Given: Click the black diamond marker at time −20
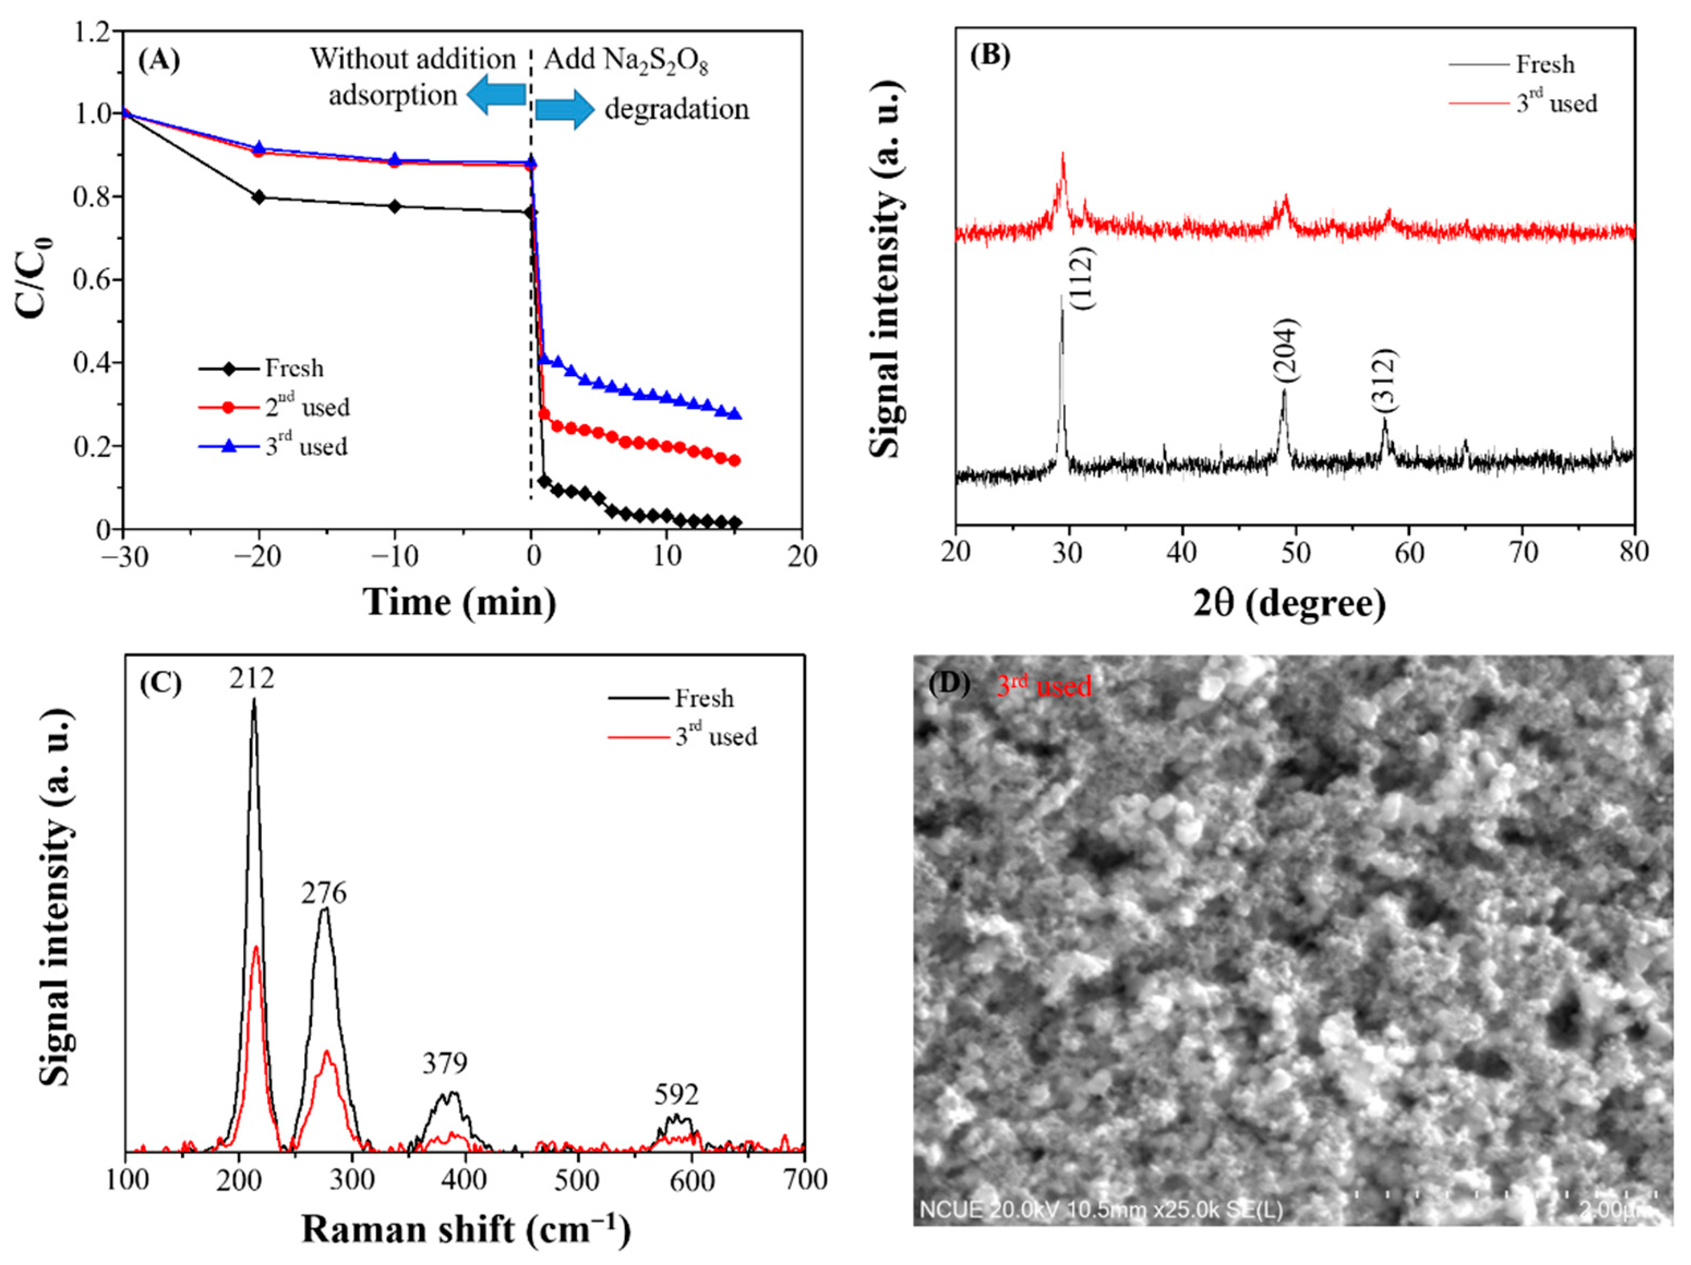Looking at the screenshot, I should [258, 197].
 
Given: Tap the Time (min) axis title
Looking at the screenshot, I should [460, 603].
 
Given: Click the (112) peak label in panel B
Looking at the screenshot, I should [1083, 278].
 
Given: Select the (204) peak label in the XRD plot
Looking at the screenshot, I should [1286, 350].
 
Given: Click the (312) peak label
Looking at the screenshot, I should [1385, 380].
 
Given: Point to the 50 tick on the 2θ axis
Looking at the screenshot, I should [1295, 552].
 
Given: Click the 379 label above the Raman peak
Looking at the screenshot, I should [445, 1063].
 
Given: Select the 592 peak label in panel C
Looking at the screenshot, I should [676, 1095].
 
